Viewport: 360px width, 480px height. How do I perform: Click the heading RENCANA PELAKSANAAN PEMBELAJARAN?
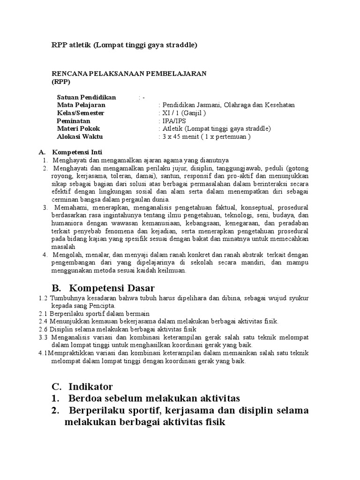(129, 74)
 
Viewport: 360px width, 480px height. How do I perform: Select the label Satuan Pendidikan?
(86, 97)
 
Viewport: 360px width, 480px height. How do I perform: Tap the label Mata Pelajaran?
(82, 105)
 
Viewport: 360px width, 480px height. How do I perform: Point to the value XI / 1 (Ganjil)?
(183, 113)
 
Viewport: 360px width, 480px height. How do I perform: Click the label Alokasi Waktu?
(80, 137)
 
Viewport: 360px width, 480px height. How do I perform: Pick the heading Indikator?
(90, 387)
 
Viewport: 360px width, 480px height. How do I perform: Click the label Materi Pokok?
(78, 129)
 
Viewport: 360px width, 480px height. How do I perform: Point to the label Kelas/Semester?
(81, 113)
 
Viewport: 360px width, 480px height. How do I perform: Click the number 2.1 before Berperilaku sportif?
(43, 314)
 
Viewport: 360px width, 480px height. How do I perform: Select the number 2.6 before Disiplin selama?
(43, 329)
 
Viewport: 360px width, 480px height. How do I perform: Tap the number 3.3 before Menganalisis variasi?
(44, 337)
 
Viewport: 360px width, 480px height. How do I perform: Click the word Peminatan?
(74, 121)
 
